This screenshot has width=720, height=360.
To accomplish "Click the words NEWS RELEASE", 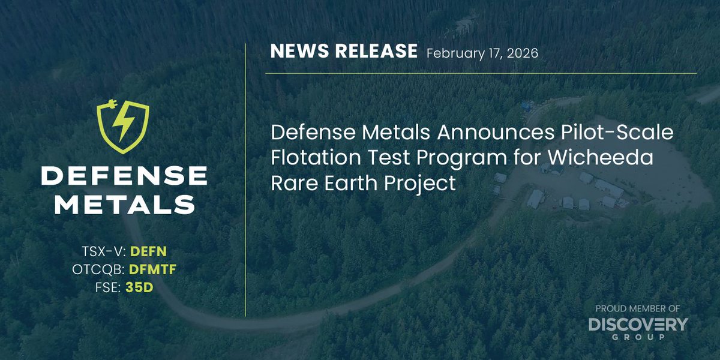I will (x=344, y=52).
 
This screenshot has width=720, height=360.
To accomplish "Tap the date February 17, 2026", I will (x=482, y=53).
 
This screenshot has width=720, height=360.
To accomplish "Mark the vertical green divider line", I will (x=245, y=180).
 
